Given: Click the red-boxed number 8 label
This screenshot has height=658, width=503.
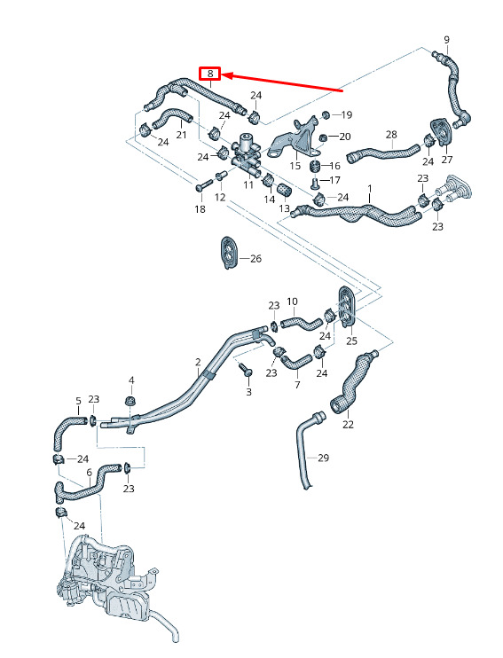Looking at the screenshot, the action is click(x=210, y=74).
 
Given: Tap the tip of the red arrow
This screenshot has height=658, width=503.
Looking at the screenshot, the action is click(x=222, y=75).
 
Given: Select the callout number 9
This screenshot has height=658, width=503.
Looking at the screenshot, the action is click(x=446, y=40).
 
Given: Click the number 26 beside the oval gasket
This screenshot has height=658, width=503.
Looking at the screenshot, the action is click(x=255, y=259).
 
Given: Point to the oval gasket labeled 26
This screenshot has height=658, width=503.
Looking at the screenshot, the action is click(x=229, y=252).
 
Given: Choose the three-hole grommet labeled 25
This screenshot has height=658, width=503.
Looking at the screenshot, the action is click(x=347, y=306).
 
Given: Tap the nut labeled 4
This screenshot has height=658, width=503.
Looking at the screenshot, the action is click(x=131, y=400).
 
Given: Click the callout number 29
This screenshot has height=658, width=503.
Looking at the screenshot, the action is click(x=323, y=458).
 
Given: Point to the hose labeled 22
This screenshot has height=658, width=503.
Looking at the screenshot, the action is click(x=353, y=382).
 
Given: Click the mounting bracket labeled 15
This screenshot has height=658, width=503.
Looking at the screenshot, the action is click(x=296, y=141).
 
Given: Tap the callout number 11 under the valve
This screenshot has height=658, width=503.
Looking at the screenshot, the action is click(x=248, y=184).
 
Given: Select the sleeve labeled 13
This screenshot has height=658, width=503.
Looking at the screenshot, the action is click(x=284, y=190).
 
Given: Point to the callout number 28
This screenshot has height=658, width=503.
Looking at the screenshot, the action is click(x=391, y=134).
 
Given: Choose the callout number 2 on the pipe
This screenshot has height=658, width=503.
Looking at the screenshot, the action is click(x=198, y=362).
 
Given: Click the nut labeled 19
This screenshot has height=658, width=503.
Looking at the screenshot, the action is click(x=326, y=114).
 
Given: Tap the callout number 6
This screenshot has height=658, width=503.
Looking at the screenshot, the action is click(x=89, y=473).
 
